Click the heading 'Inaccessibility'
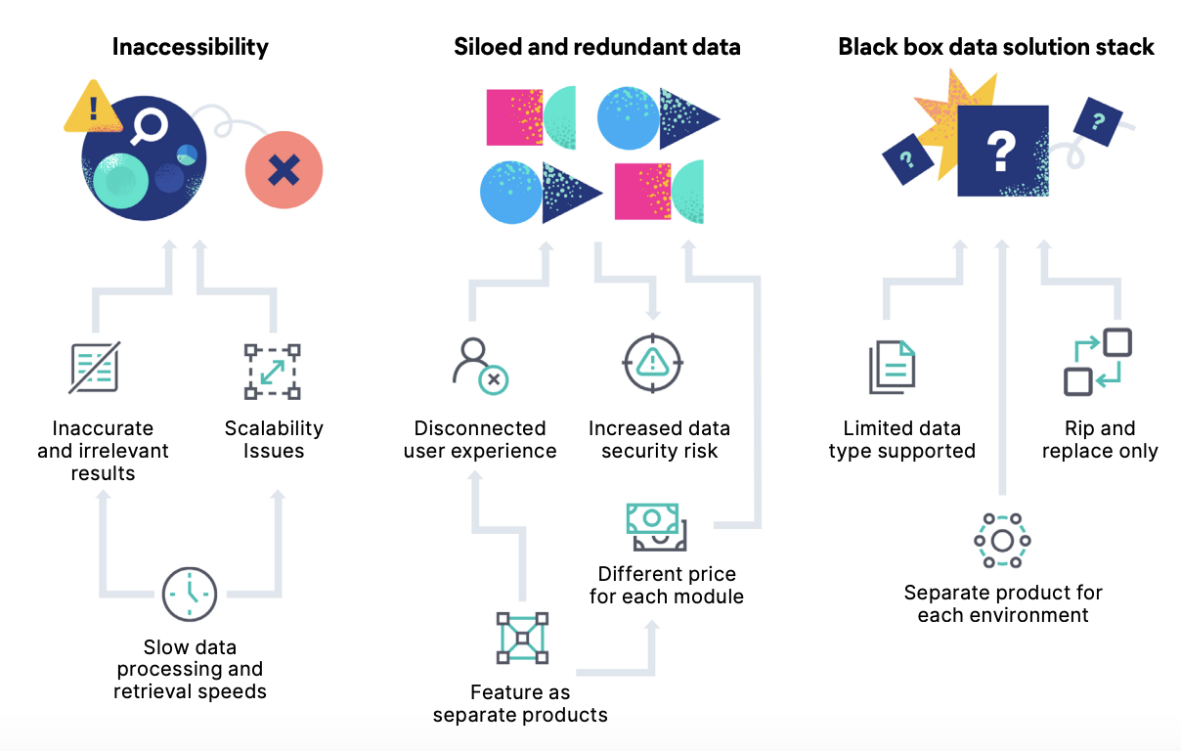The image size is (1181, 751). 190,46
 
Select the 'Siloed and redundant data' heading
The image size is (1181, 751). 596,46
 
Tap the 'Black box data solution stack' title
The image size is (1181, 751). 996,46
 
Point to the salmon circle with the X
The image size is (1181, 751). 284,170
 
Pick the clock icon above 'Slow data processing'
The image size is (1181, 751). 190,594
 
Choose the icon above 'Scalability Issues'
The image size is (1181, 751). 272,372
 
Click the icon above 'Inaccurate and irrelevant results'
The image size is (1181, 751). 95,368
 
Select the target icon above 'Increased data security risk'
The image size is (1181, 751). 650,363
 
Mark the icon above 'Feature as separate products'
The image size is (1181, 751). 522,639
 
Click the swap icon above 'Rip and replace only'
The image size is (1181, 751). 1098,362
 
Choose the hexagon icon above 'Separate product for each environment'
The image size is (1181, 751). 1002,541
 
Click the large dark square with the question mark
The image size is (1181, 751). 1002,152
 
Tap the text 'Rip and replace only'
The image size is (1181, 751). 1100,440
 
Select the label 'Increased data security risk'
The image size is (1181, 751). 659,440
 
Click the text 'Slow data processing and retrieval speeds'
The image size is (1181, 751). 190,670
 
